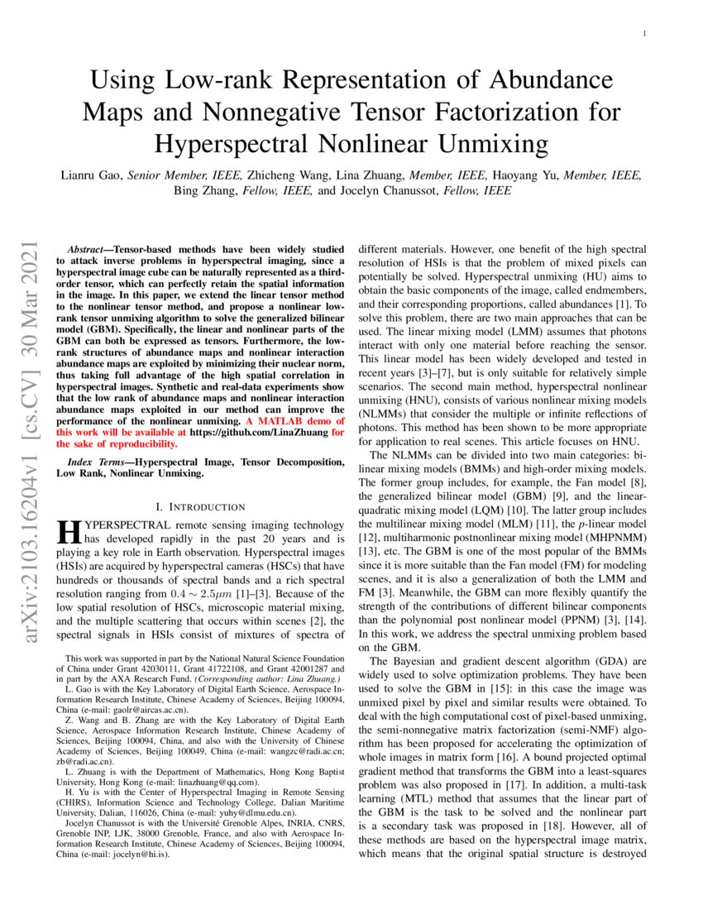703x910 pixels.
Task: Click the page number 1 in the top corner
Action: [x=643, y=34]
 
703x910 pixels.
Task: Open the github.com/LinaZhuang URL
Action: [x=259, y=433]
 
